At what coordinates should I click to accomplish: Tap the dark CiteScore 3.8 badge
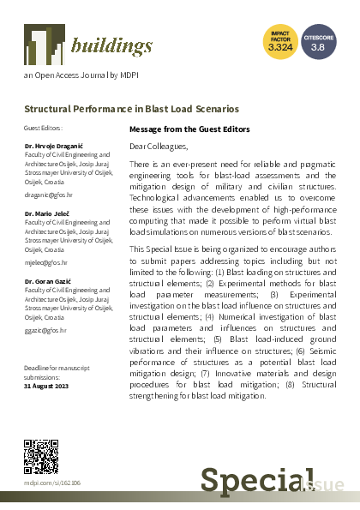(x=318, y=41)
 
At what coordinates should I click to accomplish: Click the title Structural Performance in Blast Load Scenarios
(x=131, y=109)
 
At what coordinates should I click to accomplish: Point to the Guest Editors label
(x=43, y=128)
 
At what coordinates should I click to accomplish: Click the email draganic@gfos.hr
(x=49, y=195)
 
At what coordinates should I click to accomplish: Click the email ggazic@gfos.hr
(x=45, y=329)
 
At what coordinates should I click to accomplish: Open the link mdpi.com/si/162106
(x=52, y=483)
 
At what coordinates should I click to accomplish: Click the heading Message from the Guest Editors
(x=189, y=129)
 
